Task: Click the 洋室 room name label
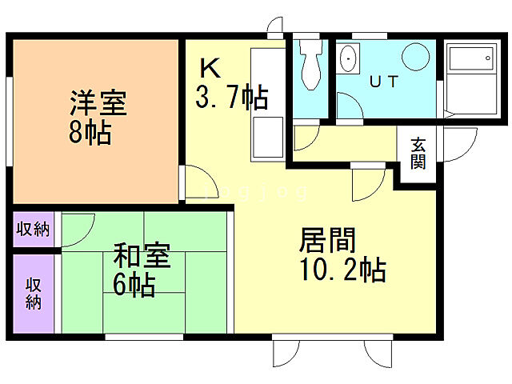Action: (x=98, y=103)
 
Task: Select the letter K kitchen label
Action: (x=209, y=66)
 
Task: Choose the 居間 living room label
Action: (x=327, y=240)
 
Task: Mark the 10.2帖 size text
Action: (x=343, y=270)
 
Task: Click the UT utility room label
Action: (x=384, y=81)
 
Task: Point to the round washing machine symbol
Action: (x=416, y=58)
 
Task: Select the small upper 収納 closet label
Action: (x=34, y=230)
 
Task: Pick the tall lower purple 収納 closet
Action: (x=34, y=293)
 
